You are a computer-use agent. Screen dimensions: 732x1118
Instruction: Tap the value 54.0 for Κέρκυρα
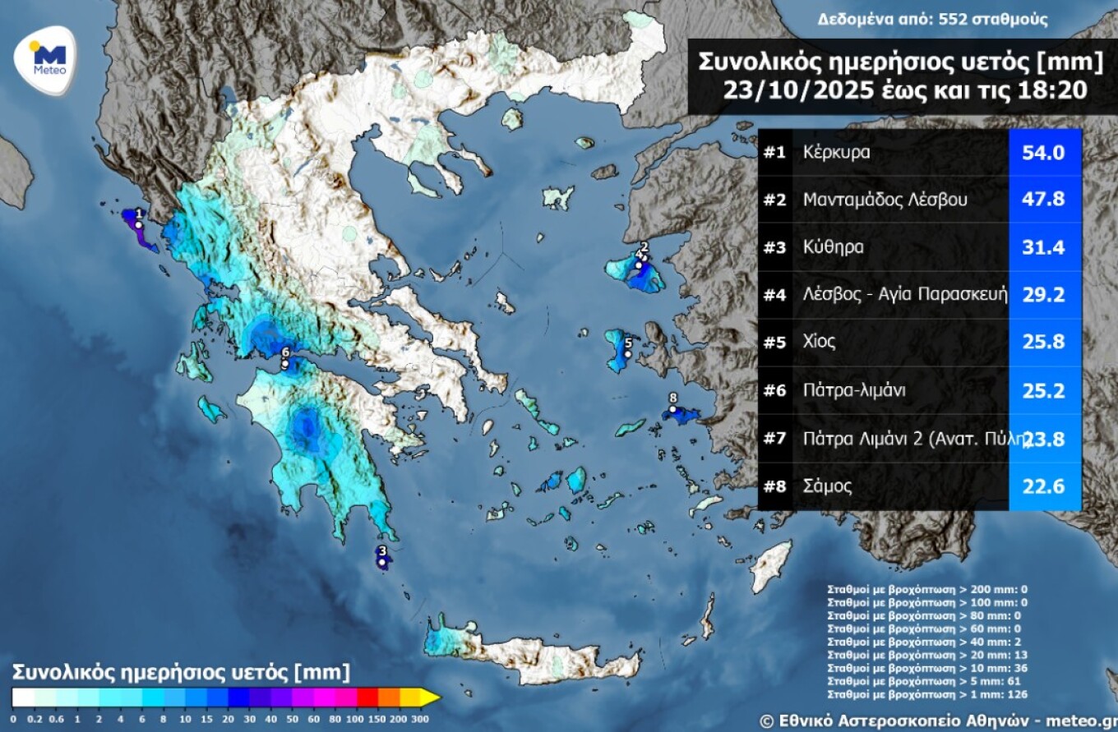click(1042, 153)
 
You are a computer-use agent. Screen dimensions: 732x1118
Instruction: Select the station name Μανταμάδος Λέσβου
click(885, 200)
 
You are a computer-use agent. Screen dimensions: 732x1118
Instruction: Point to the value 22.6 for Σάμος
click(1042, 486)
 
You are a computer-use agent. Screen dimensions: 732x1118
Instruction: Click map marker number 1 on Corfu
click(139, 224)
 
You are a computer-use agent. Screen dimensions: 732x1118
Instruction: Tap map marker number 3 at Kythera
click(382, 562)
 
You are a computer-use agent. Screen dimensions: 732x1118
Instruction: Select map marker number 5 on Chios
click(627, 354)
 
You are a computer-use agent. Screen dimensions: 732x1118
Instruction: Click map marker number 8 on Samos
click(672, 409)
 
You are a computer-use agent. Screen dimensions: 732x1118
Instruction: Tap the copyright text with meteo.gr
click(937, 720)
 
